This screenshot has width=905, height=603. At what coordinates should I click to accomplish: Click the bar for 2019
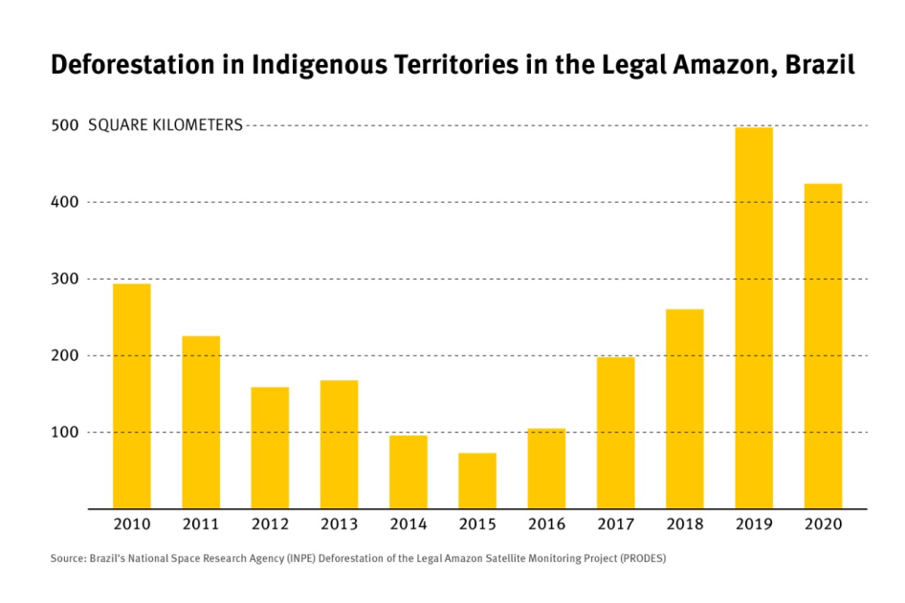point(754,318)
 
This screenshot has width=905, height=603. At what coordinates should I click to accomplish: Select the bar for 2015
point(477,480)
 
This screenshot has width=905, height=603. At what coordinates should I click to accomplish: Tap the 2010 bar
point(132,395)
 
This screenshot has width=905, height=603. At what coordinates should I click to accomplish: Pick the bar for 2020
point(823,346)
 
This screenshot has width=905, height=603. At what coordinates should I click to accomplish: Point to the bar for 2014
point(408,472)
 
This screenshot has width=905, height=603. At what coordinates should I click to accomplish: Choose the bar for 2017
point(615,433)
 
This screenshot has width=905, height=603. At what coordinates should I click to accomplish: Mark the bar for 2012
point(270,447)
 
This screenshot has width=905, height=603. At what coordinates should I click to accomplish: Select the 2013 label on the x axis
point(339,525)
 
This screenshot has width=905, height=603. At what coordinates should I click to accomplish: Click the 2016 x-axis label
point(546,525)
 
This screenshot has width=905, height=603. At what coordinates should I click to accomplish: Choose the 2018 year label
point(685,525)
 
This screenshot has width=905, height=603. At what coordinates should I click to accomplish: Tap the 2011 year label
point(201,525)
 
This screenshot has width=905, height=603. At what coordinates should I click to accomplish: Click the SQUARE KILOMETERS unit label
point(165,125)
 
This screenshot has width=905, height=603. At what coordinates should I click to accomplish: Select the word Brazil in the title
point(820,65)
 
